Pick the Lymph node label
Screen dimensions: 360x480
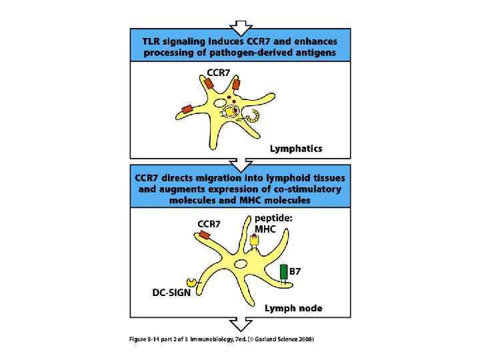(293, 308)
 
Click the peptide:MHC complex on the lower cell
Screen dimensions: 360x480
(254, 241)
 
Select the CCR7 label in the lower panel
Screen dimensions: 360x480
(209, 223)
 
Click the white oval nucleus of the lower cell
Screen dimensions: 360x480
(240, 265)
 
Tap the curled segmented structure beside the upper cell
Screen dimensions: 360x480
(254, 119)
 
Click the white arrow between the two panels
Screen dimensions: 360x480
(239, 163)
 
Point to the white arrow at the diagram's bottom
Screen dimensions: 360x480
(239, 325)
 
